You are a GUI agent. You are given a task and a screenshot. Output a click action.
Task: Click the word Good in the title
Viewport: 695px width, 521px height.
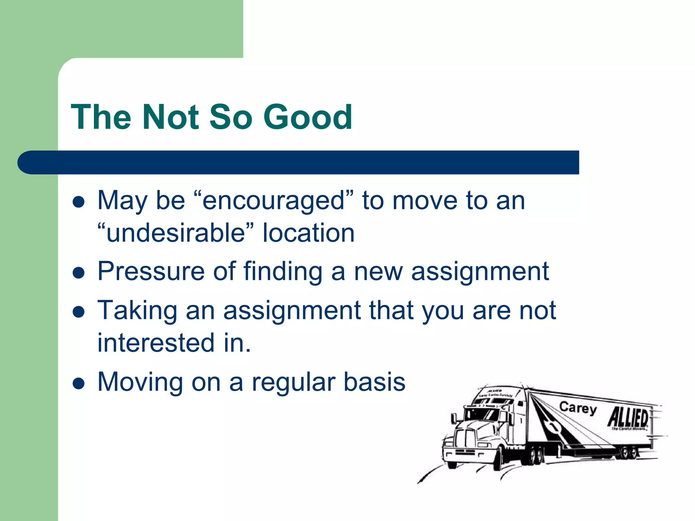308,117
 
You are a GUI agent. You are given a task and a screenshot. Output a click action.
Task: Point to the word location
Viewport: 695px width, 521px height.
308,233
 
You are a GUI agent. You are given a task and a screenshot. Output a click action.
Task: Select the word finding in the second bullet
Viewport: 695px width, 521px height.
283,272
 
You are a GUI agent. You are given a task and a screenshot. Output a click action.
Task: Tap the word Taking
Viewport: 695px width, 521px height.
137,311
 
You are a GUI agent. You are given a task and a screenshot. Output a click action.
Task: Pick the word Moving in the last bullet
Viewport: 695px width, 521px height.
140,382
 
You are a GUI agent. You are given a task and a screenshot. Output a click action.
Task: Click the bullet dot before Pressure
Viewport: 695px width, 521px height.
79,273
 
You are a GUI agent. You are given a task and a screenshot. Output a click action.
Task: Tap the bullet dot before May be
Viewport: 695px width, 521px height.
79,202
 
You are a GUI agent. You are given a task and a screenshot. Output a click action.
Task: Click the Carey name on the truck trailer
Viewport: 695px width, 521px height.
578,408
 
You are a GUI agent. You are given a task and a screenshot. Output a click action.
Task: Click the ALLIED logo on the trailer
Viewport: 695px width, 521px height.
628,418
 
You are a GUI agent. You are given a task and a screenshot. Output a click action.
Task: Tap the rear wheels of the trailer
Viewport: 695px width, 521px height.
628,452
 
